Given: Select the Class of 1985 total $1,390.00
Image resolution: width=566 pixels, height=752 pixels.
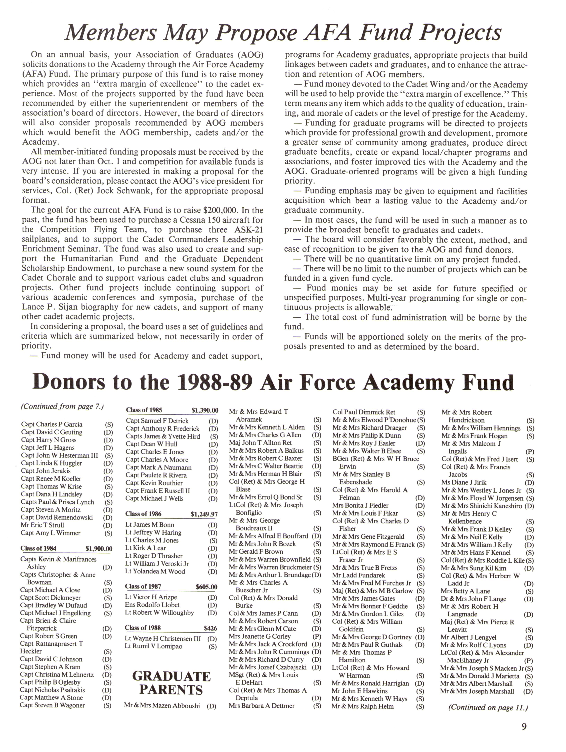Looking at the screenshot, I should pyautogui.click(x=205, y=410).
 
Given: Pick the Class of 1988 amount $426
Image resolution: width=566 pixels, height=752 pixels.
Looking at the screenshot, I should pyautogui.click(x=210, y=628).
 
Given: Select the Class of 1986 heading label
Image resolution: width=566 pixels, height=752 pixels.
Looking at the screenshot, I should pyautogui.click(x=143, y=514).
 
